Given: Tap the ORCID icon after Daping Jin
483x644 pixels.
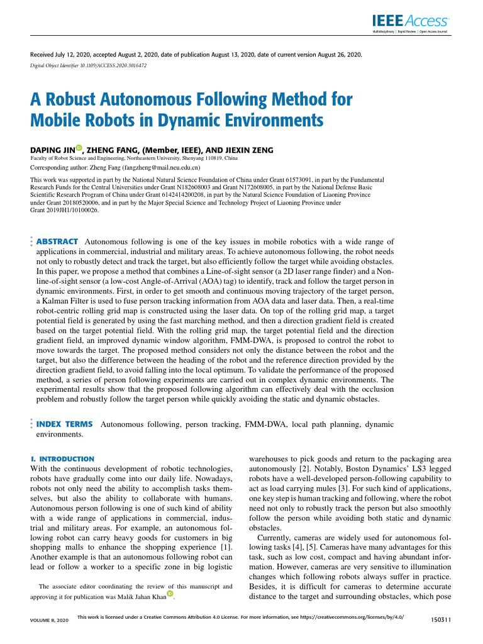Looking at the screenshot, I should [79, 148].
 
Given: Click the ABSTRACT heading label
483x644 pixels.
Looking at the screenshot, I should [57, 241].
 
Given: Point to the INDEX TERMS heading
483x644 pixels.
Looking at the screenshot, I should [65, 425].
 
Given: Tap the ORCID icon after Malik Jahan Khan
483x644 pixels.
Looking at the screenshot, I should [170, 594].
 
